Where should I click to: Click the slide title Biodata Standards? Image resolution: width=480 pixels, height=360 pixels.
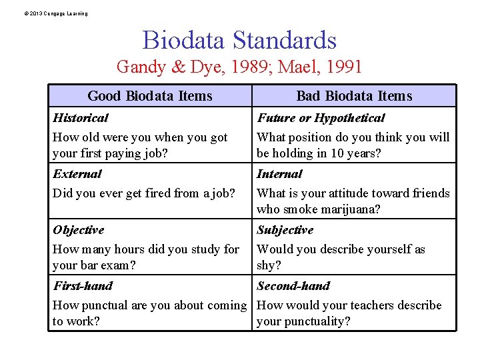(x=239, y=41)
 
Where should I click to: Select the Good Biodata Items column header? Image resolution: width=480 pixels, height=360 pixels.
(x=150, y=96)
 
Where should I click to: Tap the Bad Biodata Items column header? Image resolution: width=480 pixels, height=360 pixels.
(x=354, y=96)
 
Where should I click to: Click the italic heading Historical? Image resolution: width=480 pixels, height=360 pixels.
(x=80, y=118)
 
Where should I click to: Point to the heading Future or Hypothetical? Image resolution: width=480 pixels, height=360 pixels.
(x=321, y=118)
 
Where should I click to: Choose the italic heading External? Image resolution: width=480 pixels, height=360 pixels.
(x=77, y=174)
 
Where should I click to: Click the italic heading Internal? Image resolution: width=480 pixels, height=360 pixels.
(x=279, y=174)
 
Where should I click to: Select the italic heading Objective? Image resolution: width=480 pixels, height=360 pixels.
(x=79, y=230)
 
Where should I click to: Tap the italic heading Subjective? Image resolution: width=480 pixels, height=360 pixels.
(x=285, y=230)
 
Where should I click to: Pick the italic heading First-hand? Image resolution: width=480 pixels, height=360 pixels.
(x=83, y=286)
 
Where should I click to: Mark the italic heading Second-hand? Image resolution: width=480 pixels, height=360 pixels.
(x=293, y=286)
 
